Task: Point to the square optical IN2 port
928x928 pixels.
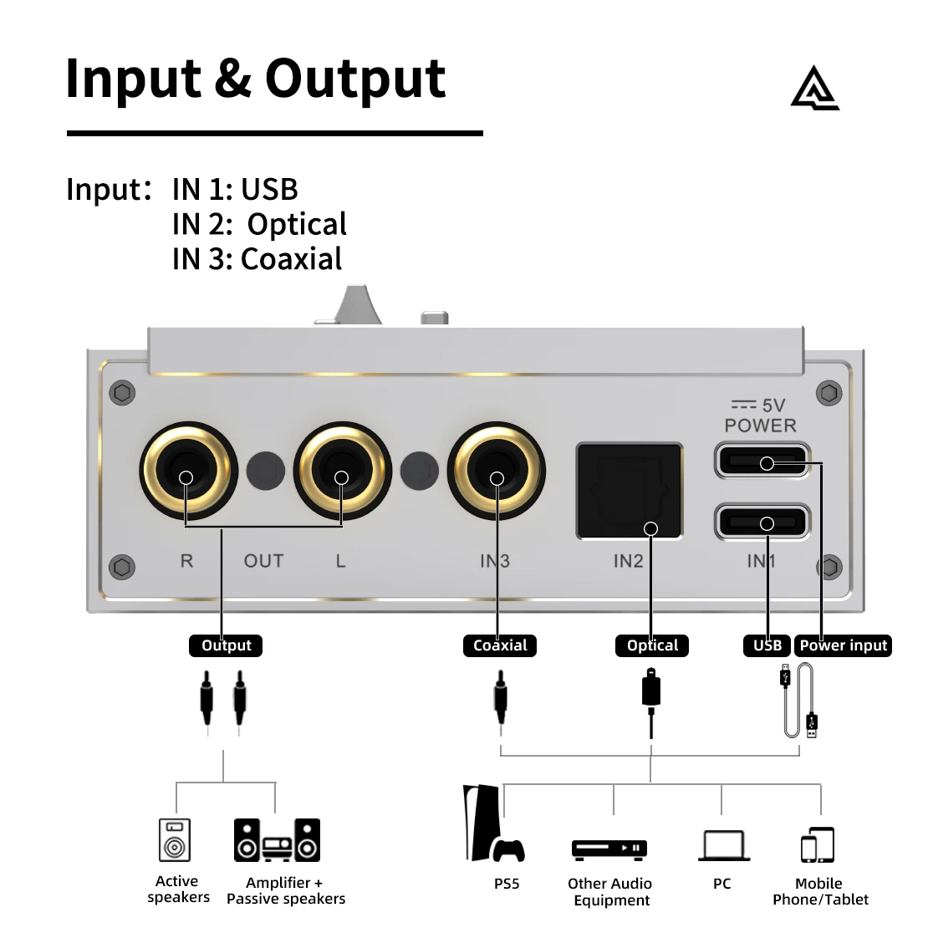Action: click(x=630, y=492)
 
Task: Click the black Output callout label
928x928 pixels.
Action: click(x=226, y=645)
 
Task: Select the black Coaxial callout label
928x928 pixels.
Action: click(x=500, y=645)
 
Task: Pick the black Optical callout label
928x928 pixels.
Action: click(x=652, y=645)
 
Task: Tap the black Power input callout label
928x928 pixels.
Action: click(x=843, y=645)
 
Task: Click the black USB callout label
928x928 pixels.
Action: click(x=767, y=645)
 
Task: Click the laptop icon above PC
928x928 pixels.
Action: click(x=723, y=845)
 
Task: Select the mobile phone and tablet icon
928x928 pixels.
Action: click(x=818, y=845)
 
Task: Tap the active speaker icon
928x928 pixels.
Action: click(x=175, y=839)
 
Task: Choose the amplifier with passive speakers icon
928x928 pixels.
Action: click(x=277, y=839)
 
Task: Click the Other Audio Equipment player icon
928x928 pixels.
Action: click(x=609, y=849)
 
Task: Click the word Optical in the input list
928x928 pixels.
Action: click(x=297, y=224)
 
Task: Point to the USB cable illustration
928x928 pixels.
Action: click(x=800, y=701)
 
